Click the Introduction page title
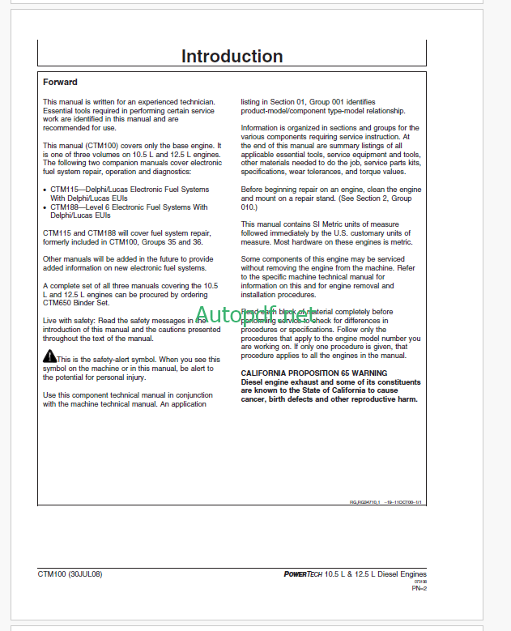coord(232,57)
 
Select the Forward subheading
coord(60,82)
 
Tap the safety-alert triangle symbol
coord(49,357)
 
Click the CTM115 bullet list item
coord(126,194)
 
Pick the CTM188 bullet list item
coord(126,211)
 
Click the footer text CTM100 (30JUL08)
coord(70,574)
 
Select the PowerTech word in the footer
coord(300,574)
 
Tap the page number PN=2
coord(419,589)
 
